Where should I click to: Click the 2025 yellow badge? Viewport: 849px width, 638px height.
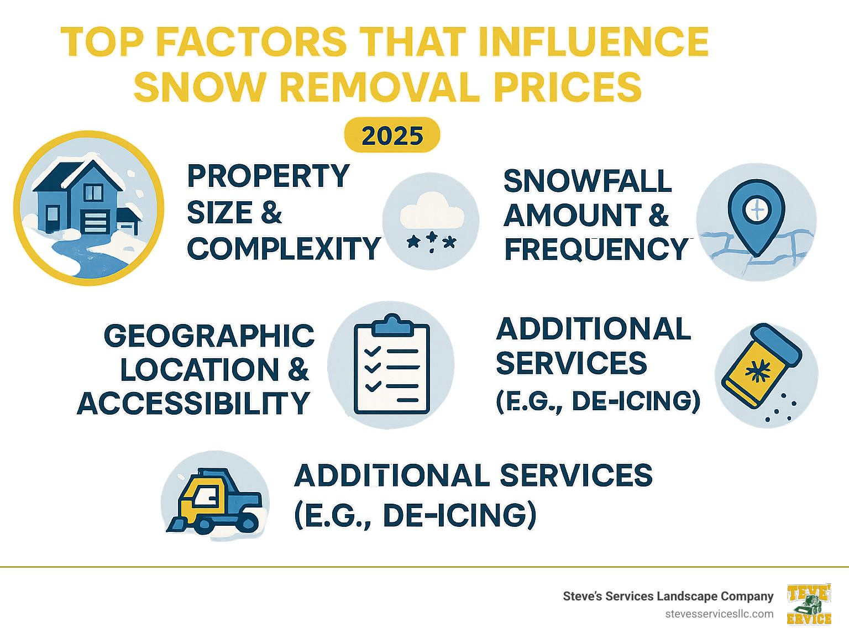[x=392, y=135]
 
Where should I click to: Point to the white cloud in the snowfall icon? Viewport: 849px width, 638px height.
[x=432, y=211]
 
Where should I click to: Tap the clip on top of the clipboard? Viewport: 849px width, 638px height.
[x=392, y=325]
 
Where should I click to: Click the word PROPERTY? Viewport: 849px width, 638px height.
[x=268, y=176]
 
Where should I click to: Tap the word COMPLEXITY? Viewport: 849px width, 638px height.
[x=284, y=249]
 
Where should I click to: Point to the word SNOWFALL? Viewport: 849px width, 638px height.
[x=587, y=181]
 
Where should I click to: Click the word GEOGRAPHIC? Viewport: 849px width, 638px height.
[x=209, y=336]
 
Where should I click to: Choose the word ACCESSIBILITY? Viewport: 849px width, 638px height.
[x=193, y=404]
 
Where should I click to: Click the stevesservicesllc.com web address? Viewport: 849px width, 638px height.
[x=719, y=614]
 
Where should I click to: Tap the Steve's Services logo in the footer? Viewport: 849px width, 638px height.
[x=809, y=604]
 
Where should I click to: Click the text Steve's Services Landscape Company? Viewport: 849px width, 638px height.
[x=668, y=596]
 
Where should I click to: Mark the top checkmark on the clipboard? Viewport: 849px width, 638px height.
[x=373, y=351]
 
